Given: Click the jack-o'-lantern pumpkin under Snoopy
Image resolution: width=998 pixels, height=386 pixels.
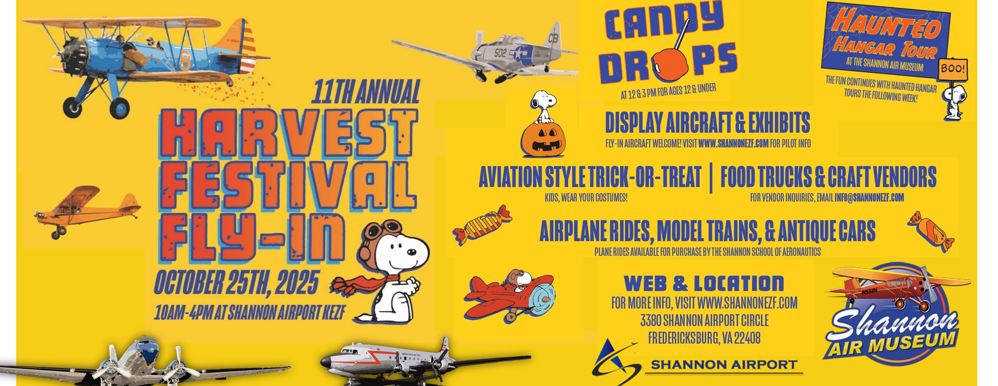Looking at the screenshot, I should coord(543,139).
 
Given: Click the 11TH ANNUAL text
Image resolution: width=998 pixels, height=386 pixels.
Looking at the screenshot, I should coord(366,93).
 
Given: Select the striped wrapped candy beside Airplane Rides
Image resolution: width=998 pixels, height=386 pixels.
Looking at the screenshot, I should coord(482,225).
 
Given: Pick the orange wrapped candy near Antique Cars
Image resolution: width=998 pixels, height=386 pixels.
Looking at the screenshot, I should coord(931,231).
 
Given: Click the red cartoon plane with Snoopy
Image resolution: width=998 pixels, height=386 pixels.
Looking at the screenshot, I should coord(509,296).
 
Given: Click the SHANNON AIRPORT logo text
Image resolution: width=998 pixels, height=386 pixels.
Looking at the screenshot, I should coord(724,365).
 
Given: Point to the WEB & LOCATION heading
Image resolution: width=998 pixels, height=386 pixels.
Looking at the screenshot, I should coord(704,284).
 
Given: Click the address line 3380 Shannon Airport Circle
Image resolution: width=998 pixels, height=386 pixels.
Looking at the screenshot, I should coord(704,321).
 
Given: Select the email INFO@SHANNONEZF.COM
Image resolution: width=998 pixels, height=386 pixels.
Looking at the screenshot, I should coord(869,198).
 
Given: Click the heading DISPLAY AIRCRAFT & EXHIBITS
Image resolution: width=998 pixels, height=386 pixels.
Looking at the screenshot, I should coord(707,123).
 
